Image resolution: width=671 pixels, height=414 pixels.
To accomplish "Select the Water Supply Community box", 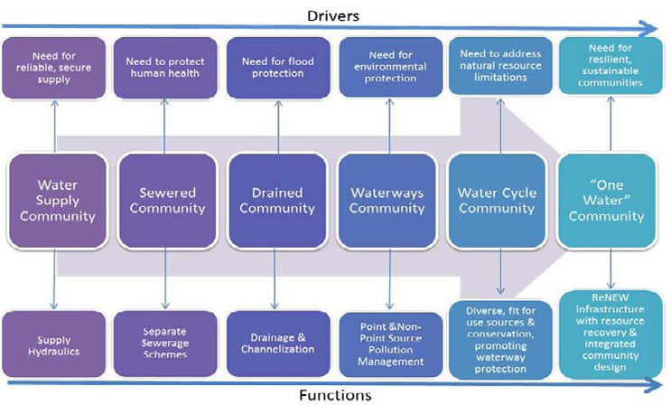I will click(53, 201).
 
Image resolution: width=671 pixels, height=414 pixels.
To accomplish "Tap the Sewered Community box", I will click(168, 201).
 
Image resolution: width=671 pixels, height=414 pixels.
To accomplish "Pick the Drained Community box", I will click(277, 201).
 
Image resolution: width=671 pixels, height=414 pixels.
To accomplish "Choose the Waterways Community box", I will click(388, 201).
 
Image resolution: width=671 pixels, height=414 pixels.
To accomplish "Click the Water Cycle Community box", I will click(498, 201).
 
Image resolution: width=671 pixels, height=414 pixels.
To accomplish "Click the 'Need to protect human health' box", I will click(166, 68).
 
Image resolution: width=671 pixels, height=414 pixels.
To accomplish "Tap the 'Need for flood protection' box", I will click(277, 68).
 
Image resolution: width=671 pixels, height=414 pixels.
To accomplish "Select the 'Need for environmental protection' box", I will click(388, 69).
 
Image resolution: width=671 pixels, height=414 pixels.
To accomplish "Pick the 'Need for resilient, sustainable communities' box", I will click(610, 68).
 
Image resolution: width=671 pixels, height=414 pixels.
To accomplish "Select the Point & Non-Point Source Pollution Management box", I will click(388, 343).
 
